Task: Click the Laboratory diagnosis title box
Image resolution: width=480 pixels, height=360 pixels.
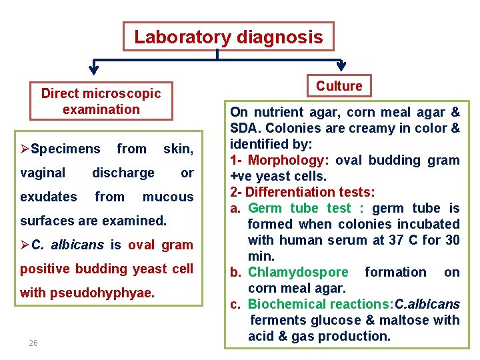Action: (x=228, y=37)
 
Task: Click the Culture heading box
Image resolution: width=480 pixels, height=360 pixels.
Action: (x=339, y=86)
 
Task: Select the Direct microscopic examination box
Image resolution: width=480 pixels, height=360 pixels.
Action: (x=101, y=101)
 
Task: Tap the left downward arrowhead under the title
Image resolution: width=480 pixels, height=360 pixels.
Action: (x=94, y=67)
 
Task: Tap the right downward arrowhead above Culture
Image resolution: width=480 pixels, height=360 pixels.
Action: (x=341, y=66)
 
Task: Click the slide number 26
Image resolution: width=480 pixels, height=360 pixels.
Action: (x=33, y=343)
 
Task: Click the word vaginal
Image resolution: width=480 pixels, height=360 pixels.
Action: (x=43, y=173)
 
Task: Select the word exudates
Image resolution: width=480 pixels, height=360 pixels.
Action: (x=49, y=197)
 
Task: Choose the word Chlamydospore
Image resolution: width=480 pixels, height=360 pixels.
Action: (x=298, y=272)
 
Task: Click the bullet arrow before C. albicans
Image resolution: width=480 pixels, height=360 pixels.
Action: (x=25, y=245)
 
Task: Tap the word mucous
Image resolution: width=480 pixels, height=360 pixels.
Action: (x=168, y=197)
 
